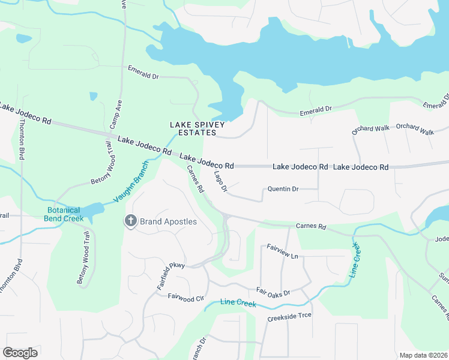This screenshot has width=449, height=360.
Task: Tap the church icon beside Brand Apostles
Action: (x=130, y=221)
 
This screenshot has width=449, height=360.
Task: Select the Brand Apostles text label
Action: (x=168, y=221)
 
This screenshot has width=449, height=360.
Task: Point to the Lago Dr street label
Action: (x=220, y=182)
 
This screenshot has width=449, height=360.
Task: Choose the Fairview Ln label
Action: (x=282, y=253)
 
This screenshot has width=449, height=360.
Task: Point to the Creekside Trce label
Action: (x=289, y=316)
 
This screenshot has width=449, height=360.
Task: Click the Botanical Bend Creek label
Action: (x=63, y=214)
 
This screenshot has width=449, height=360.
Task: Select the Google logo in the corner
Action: (x=20, y=352)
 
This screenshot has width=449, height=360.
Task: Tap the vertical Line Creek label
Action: (x=355, y=259)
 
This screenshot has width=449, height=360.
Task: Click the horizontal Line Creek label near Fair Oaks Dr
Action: (x=238, y=303)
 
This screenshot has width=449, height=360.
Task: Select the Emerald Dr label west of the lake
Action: (x=143, y=73)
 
